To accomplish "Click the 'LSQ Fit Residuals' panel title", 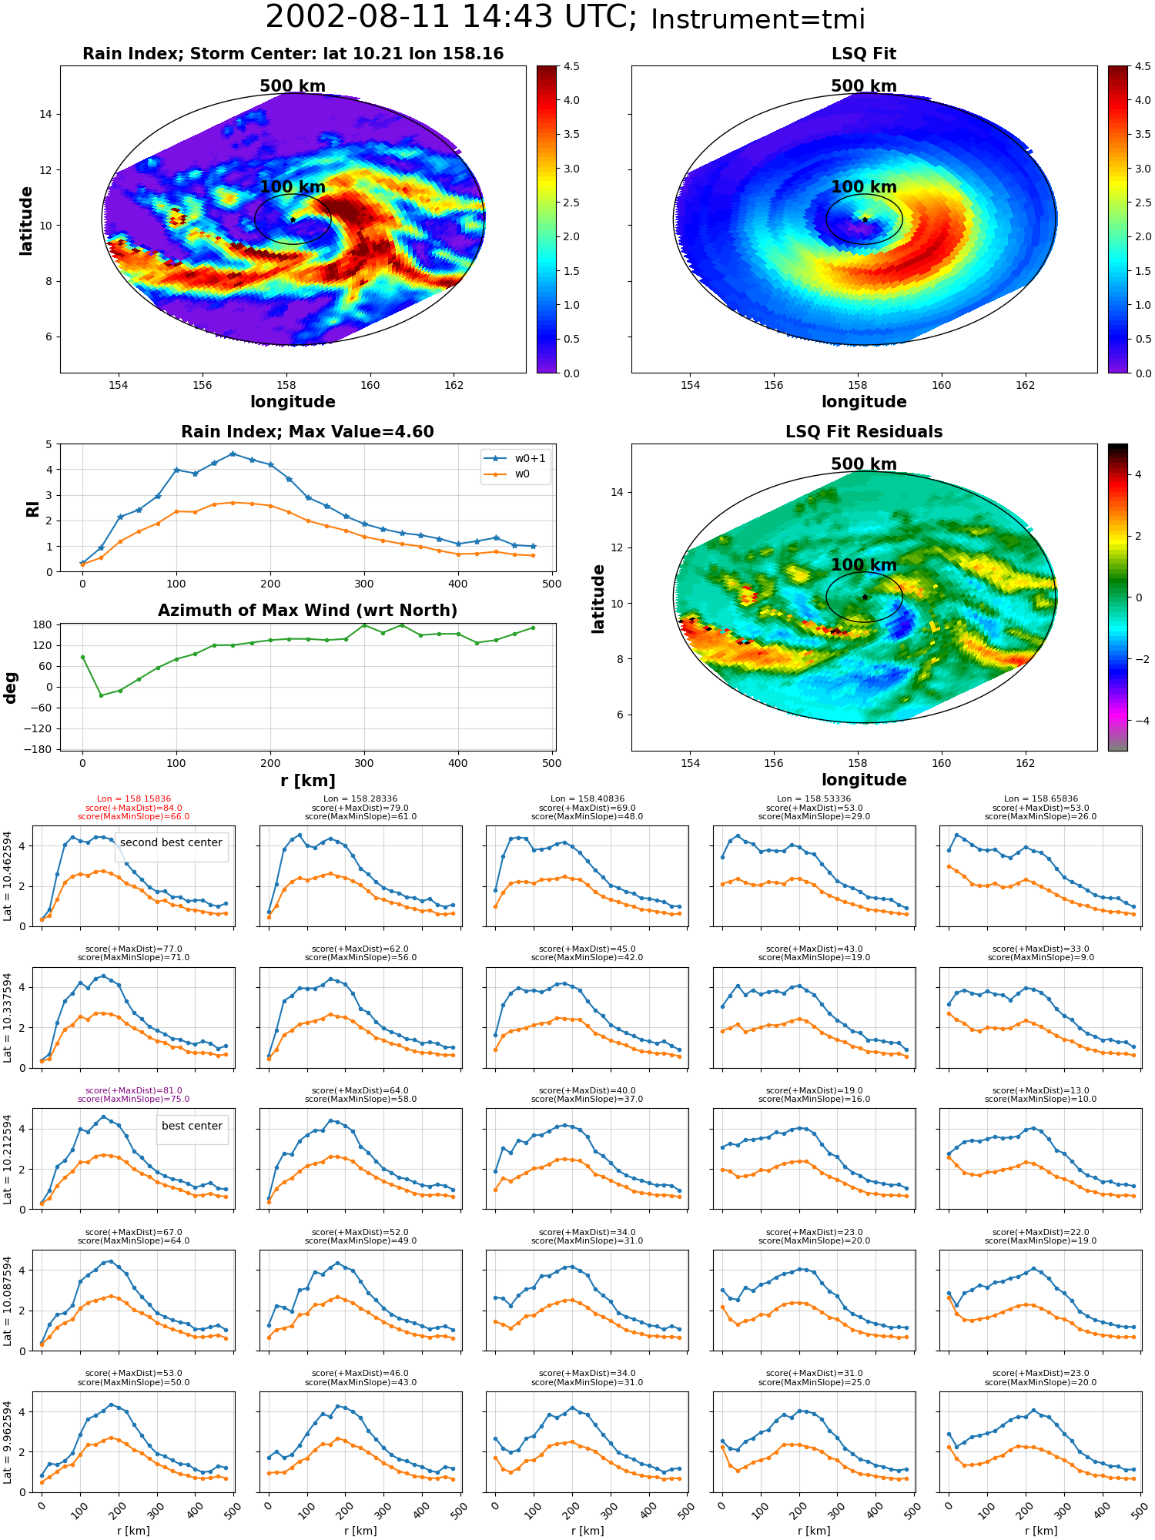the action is [x=864, y=432].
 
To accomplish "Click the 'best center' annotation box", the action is [x=192, y=1126].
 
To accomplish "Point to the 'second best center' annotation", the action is [x=171, y=842].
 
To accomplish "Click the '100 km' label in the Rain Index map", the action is [x=293, y=187].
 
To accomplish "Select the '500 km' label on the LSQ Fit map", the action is [x=864, y=86].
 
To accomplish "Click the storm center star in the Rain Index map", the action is [x=293, y=219].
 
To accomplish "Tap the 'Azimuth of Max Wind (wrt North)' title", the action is [x=307, y=611].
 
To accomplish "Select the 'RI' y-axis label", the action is [x=32, y=508].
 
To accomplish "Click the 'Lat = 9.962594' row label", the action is [x=8, y=1441].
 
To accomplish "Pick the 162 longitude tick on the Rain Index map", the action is [x=454, y=385].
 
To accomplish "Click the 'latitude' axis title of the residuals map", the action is [x=598, y=598].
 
